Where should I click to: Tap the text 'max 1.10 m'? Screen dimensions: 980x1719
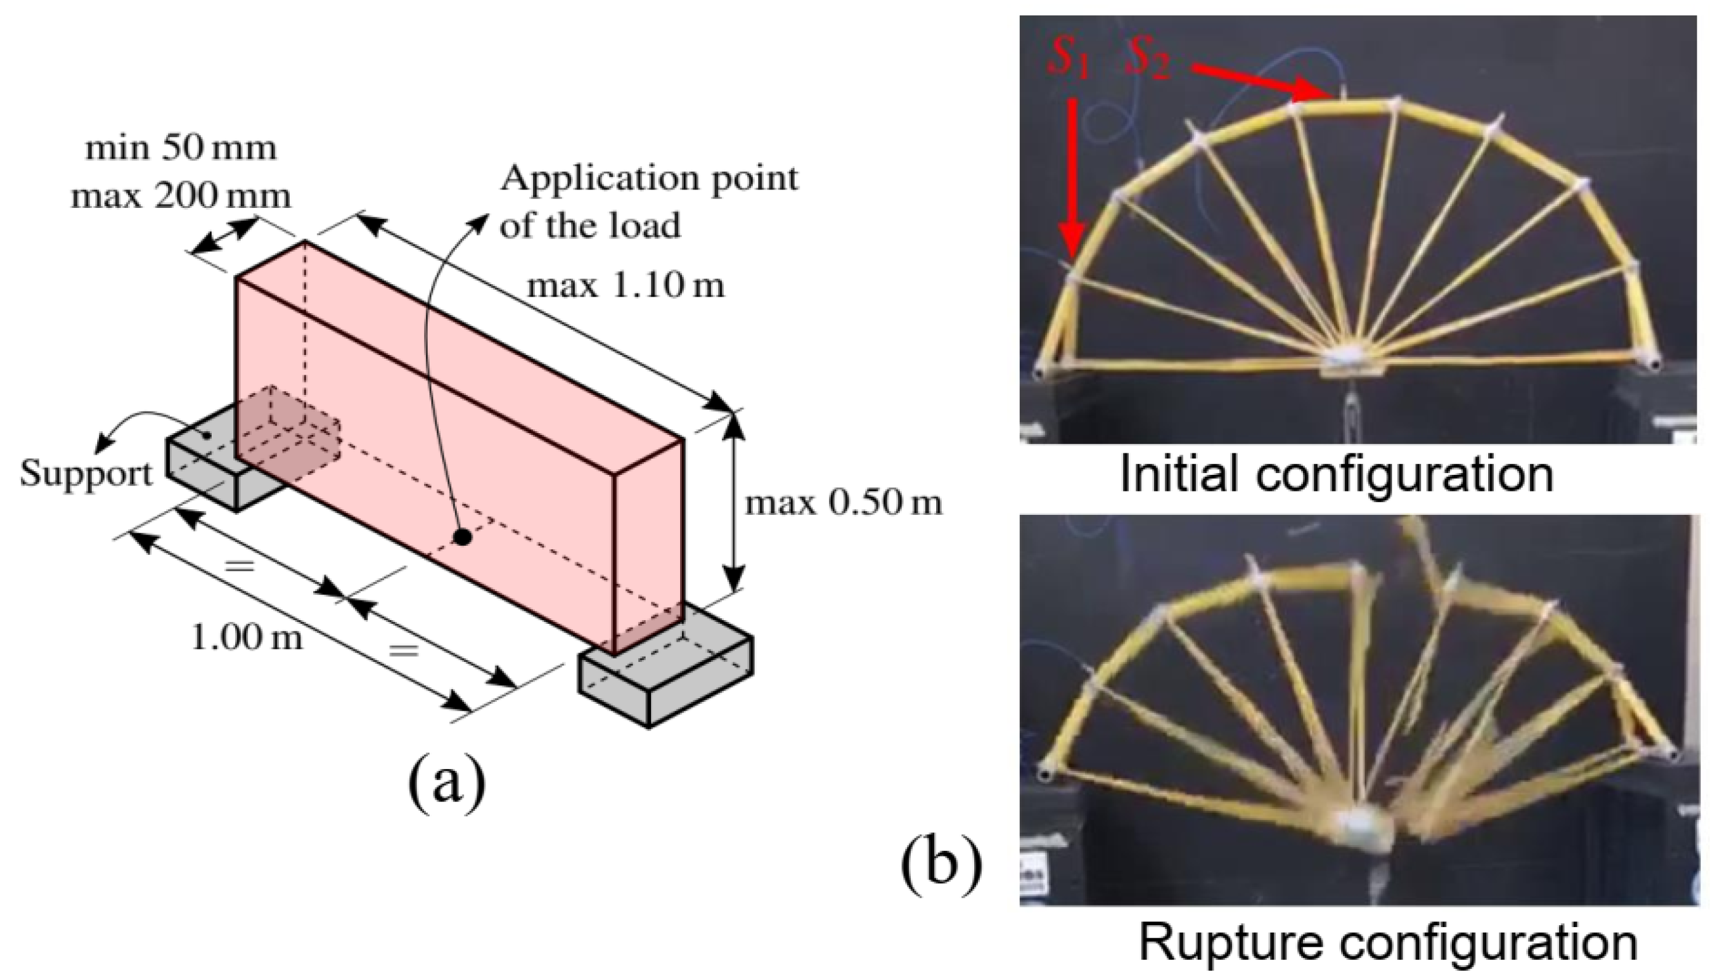click(x=625, y=286)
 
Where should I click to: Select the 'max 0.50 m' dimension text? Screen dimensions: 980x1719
click(x=843, y=503)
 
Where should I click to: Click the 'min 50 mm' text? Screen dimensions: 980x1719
click(x=180, y=148)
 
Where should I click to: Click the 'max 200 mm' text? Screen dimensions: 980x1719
click(x=180, y=196)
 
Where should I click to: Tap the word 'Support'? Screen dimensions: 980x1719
click(x=86, y=474)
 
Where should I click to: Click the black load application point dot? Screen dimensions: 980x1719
click(x=461, y=536)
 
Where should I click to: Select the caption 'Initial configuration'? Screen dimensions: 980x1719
click(x=1337, y=474)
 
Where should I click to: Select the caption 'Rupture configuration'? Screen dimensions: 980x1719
click(x=1387, y=942)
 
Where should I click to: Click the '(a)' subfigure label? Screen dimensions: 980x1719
click(x=446, y=781)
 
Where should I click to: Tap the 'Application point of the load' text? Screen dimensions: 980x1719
click(x=647, y=201)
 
